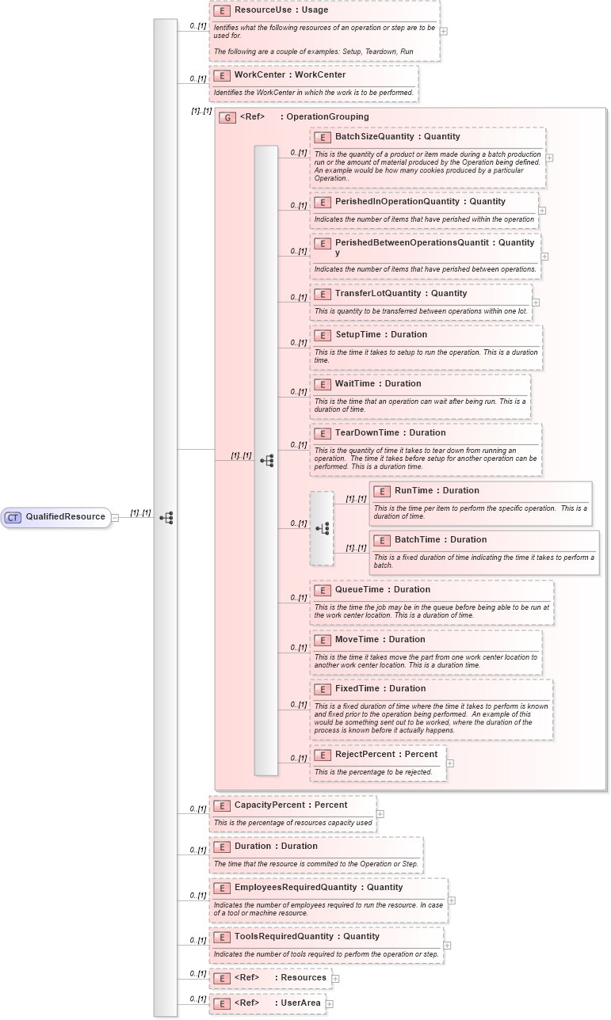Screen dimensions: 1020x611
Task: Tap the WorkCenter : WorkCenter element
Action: pyautogui.click(x=289, y=75)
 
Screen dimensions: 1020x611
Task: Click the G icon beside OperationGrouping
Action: pyautogui.click(x=227, y=117)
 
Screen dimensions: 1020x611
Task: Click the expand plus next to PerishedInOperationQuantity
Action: pyautogui.click(x=542, y=211)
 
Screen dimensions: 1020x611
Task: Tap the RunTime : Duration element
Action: pyautogui.click(x=437, y=491)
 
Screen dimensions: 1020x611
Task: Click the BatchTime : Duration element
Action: pyautogui.click(x=440, y=540)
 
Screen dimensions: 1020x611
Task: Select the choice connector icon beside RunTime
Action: pyautogui.click(x=322, y=528)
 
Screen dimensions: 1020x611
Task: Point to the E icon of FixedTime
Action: pyautogui.click(x=322, y=690)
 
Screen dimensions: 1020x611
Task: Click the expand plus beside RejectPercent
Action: pyautogui.click(x=450, y=763)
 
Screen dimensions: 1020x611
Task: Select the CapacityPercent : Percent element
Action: pyautogui.click(x=290, y=805)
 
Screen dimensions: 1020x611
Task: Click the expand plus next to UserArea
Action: pyautogui.click(x=330, y=1003)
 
